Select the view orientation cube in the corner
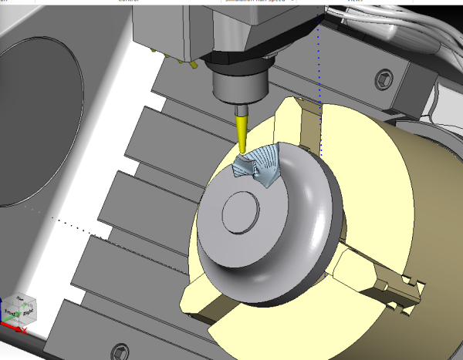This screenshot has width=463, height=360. (19, 309)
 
